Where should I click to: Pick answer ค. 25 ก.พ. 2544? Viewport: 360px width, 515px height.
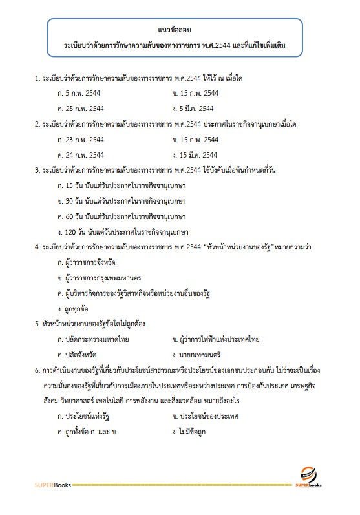[80, 108]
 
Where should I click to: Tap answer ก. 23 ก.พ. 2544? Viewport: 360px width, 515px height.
[80, 140]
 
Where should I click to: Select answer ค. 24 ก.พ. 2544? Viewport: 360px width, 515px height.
[80, 155]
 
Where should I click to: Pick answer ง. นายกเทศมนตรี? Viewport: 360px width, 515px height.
[197, 355]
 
